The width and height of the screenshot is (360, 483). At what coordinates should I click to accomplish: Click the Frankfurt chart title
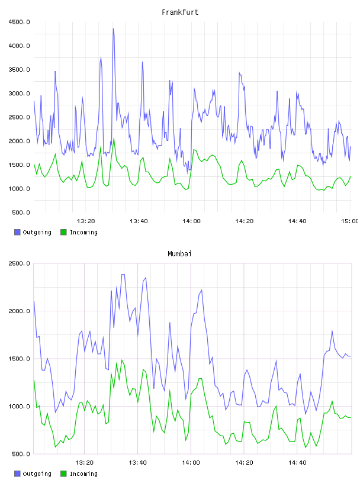[x=180, y=12]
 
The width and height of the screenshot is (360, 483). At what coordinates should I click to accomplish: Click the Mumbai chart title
[x=179, y=254]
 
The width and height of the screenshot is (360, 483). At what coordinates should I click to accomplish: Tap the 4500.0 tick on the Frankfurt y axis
[x=19, y=22]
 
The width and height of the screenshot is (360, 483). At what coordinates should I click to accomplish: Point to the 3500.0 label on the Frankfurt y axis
[x=19, y=70]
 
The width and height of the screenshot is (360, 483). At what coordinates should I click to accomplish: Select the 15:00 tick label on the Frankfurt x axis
[x=349, y=221]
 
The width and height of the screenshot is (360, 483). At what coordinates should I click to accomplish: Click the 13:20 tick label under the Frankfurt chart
[x=86, y=221]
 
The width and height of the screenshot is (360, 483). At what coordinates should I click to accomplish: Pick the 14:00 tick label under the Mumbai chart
[x=191, y=463]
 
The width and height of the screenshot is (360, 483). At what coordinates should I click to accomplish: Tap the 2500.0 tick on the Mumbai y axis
[x=19, y=263]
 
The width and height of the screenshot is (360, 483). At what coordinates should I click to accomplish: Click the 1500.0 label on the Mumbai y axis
[x=19, y=359]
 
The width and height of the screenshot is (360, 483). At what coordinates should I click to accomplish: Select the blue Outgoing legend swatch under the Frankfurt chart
[x=17, y=232]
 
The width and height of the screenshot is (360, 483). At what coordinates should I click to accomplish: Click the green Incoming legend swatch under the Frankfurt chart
[x=63, y=232]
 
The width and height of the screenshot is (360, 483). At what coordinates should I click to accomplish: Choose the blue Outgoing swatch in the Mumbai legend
[x=17, y=474]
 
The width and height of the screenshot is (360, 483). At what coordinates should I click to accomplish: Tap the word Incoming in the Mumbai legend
[x=83, y=474]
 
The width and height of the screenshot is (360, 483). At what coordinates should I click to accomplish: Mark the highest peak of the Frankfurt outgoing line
[x=114, y=29]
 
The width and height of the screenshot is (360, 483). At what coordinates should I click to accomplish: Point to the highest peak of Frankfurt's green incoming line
[x=114, y=138]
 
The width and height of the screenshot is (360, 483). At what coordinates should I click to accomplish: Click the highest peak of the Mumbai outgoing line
[x=123, y=274]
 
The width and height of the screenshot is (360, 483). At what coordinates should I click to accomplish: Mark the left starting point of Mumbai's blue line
[x=34, y=301]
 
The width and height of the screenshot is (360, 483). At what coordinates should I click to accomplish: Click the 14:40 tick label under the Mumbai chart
[x=297, y=463]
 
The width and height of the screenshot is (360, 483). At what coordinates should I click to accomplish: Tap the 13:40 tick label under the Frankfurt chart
[x=139, y=221]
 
